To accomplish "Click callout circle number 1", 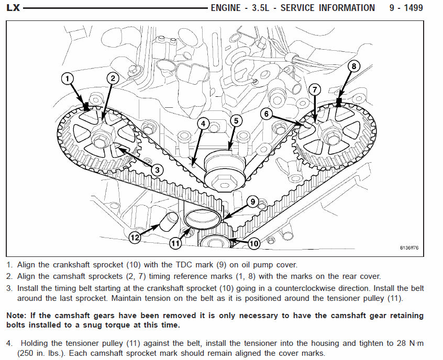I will click(67, 79).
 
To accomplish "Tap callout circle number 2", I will click(112, 78).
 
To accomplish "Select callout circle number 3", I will click(156, 169).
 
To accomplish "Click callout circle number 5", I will click(236, 121).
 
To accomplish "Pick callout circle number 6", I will click(267, 114).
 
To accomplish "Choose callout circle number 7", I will click(314, 89).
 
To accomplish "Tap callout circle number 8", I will click(354, 66).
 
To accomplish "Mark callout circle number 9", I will click(252, 201).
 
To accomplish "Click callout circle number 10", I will click(253, 243).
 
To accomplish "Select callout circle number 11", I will click(175, 243).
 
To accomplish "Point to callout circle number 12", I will click(135, 238).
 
